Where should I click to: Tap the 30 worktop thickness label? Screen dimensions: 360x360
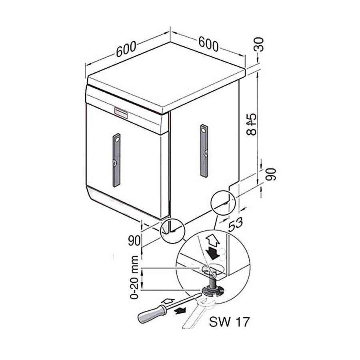point(258,44)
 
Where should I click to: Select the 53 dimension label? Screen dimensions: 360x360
point(235,224)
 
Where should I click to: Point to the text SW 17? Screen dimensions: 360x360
point(229,322)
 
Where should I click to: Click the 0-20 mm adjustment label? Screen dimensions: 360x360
point(134,277)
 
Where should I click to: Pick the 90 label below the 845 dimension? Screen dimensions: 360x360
point(271,174)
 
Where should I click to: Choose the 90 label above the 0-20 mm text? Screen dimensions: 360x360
point(134,241)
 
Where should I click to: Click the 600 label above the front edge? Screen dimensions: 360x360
point(126,49)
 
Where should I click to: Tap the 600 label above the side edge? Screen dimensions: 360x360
point(208,44)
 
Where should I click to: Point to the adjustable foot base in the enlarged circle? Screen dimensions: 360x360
point(213,291)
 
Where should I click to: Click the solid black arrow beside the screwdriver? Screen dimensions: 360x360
point(180,311)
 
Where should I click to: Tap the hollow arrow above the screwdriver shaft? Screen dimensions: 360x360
point(168,301)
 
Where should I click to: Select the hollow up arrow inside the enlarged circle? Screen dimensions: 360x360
point(213,240)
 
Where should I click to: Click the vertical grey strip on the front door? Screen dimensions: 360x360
point(116,160)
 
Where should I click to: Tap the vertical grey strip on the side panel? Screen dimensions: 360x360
point(204,151)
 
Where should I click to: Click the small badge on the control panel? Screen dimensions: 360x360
point(121,112)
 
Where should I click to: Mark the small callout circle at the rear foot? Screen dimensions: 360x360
point(223,202)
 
